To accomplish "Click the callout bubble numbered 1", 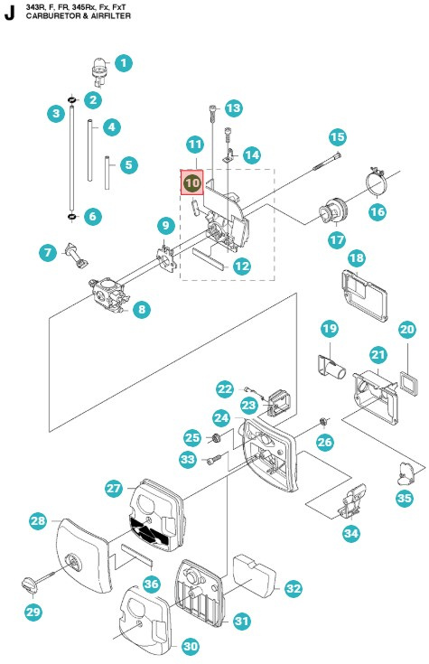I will [124, 63].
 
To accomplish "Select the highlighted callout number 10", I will [192, 182].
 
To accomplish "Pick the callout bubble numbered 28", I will [38, 521].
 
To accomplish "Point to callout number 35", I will [404, 498].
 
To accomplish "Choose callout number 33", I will [187, 459].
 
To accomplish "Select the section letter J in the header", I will [9, 14].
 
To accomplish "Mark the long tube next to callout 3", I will [70, 164].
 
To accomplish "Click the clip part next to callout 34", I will [355, 497].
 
